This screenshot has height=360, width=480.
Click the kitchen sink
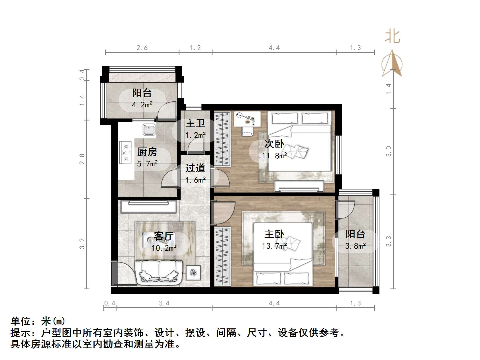coord(149,130)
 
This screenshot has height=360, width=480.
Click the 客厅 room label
coord(164,236)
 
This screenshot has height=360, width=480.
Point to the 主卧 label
coord(274,234)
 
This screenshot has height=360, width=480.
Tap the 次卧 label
coord(274,144)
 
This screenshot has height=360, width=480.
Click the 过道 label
coord(195,168)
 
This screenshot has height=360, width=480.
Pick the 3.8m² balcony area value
coord(356,246)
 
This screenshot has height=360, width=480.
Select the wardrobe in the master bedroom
coord(222,256)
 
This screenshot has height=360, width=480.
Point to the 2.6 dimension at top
coord(142,48)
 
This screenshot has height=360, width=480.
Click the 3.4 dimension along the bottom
coord(164,303)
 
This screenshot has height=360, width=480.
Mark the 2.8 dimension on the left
coord(82,159)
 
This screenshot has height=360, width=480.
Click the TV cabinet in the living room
coord(148,206)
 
